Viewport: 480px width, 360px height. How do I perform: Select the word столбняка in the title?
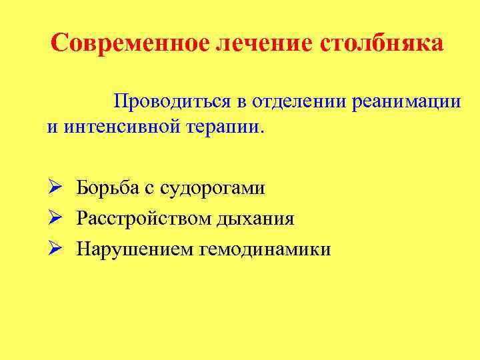[382, 43]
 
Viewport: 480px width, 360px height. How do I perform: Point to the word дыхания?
[257, 218]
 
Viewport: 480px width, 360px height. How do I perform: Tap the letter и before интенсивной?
[51, 127]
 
